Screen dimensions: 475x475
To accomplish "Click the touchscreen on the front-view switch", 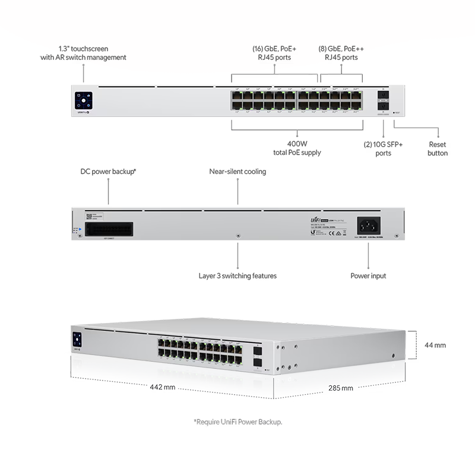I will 83,100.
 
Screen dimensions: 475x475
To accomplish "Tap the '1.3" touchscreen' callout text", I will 84,53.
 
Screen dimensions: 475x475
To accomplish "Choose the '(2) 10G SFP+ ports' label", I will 384,148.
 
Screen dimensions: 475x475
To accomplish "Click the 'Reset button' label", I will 438,148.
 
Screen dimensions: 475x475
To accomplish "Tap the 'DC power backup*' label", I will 109,172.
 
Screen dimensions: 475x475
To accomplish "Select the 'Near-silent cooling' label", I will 237,172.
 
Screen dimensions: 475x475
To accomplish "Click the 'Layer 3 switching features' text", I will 237,275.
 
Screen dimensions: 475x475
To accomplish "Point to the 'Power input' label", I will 368,275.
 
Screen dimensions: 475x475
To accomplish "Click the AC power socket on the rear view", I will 368,226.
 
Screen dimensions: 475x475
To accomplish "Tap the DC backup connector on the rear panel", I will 108,229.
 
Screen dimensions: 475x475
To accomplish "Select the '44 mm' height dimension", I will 435,344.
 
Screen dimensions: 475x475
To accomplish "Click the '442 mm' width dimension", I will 161,387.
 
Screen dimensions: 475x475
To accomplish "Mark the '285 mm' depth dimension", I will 340,388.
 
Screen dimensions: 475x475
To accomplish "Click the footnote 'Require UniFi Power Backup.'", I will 237,422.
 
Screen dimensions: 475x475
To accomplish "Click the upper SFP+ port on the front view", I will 382,96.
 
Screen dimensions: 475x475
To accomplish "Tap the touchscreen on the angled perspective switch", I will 77,340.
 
